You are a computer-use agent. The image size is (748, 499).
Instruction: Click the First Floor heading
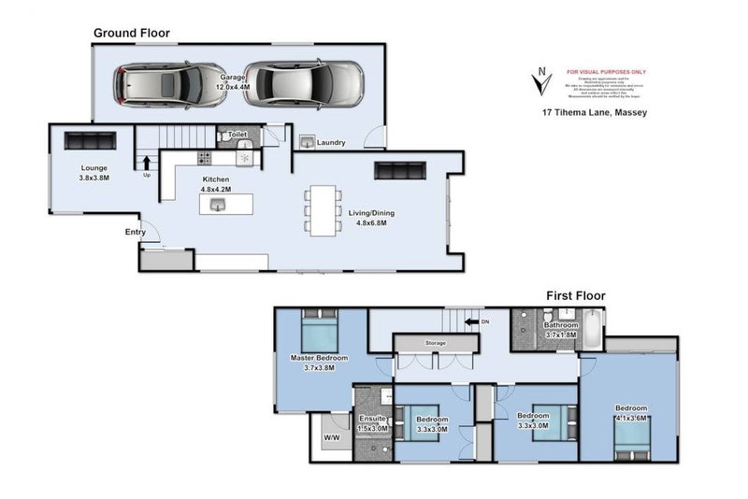pyautogui.click(x=575, y=295)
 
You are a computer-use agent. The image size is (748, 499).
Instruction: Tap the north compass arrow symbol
pyautogui.click(x=539, y=82)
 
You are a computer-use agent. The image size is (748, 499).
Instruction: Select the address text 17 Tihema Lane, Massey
pyautogui.click(x=595, y=112)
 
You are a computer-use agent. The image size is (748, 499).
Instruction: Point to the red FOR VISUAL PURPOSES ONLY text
pyautogui.click(x=606, y=72)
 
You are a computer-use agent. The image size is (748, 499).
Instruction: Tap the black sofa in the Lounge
pyautogui.click(x=89, y=140)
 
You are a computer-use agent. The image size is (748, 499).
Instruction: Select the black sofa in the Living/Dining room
pyautogui.click(x=399, y=170)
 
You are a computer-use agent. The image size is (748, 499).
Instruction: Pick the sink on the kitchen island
pyautogui.click(x=220, y=204)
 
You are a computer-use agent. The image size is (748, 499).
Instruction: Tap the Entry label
pyautogui.click(x=136, y=233)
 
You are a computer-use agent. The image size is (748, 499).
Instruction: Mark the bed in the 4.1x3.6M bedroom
pyautogui.click(x=631, y=441)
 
